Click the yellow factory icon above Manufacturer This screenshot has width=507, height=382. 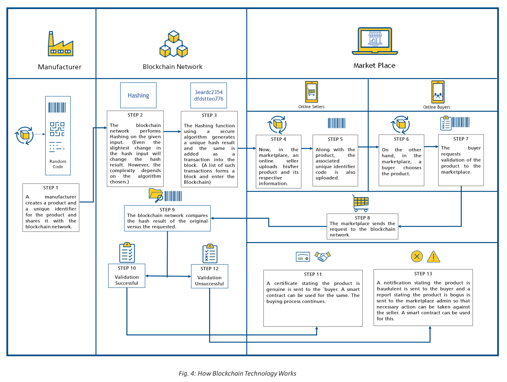(x=60, y=44)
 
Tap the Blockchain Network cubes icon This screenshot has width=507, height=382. (x=174, y=44)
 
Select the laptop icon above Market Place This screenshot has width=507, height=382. (x=375, y=41)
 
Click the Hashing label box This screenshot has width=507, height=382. (x=138, y=95)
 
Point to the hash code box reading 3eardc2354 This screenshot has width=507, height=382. (x=209, y=95)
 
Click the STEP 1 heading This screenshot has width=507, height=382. (x=50, y=188)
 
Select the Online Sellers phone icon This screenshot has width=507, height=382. (x=312, y=92)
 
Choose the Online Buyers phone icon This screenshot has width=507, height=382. (x=438, y=92)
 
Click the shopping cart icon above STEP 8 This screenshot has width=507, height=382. (x=360, y=203)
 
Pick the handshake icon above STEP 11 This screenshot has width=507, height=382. (x=322, y=256)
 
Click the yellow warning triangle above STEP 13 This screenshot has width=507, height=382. (x=434, y=257)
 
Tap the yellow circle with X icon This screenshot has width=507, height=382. (x=417, y=256)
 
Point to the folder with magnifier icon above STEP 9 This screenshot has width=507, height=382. (x=156, y=195)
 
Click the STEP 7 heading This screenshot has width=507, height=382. (x=461, y=139)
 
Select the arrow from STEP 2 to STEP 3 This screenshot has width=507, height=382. (x=172, y=132)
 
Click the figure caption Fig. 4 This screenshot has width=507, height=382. (x=237, y=373)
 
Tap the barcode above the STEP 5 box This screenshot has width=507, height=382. (x=336, y=123)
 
